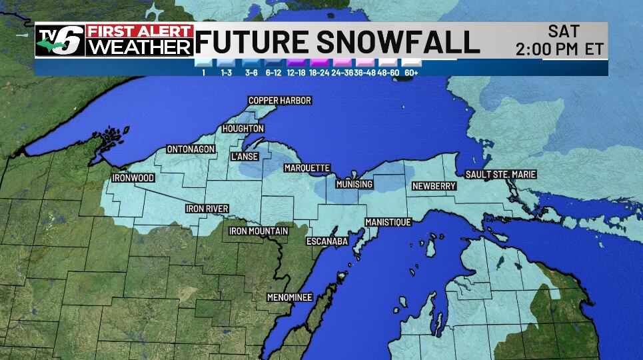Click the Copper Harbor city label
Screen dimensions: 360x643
point(280,101)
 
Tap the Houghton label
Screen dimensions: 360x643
point(243,129)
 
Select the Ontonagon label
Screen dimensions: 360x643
point(191,149)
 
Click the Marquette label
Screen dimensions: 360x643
point(307,168)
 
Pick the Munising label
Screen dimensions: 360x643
point(354,184)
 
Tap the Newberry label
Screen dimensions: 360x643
point(433,186)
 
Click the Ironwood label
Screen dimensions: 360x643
point(133,178)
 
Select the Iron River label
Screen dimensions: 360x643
point(207,209)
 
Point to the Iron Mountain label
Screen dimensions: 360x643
point(259,231)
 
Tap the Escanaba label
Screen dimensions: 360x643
point(327,241)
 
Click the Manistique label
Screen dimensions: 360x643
point(388,222)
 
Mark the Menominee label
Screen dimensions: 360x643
point(289,297)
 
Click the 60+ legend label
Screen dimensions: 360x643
point(410,72)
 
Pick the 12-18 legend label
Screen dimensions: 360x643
point(296,72)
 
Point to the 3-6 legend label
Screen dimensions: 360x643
point(251,72)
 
